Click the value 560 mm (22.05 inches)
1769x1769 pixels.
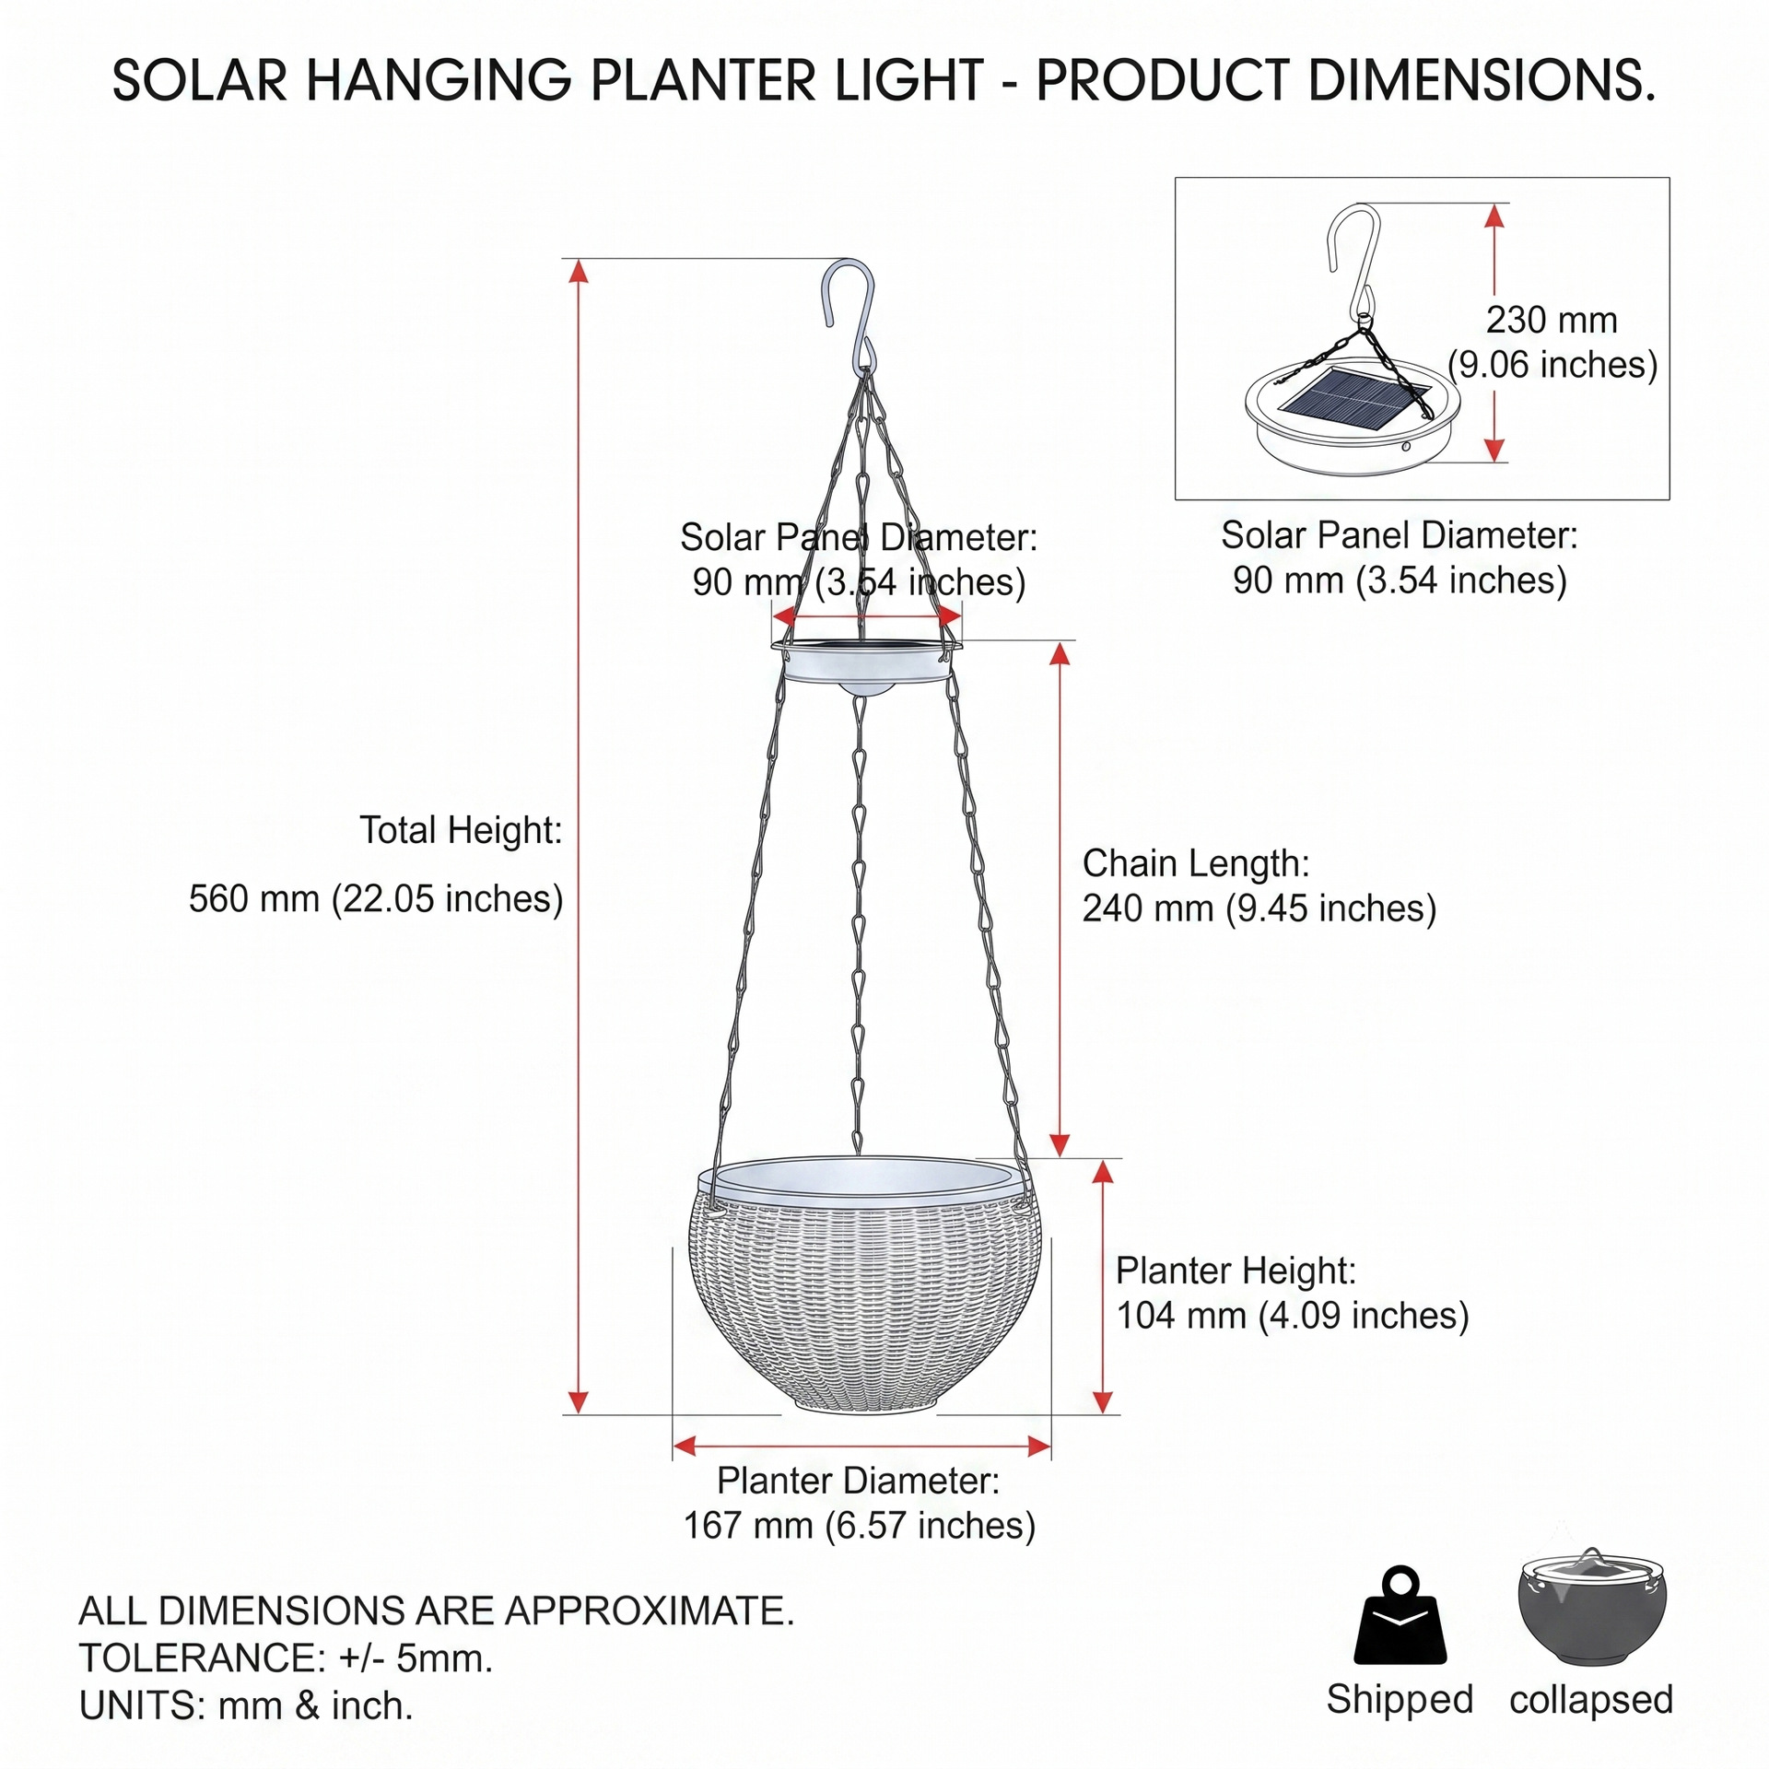[376, 898]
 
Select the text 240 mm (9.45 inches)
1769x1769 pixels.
[1259, 908]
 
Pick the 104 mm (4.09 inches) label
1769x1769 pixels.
[1293, 1316]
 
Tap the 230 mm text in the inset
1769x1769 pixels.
[1552, 321]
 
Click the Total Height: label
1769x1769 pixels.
[461, 830]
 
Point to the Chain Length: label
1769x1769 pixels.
[1196, 864]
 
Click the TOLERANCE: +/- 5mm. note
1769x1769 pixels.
[286, 1658]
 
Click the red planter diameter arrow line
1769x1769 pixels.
[862, 1447]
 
